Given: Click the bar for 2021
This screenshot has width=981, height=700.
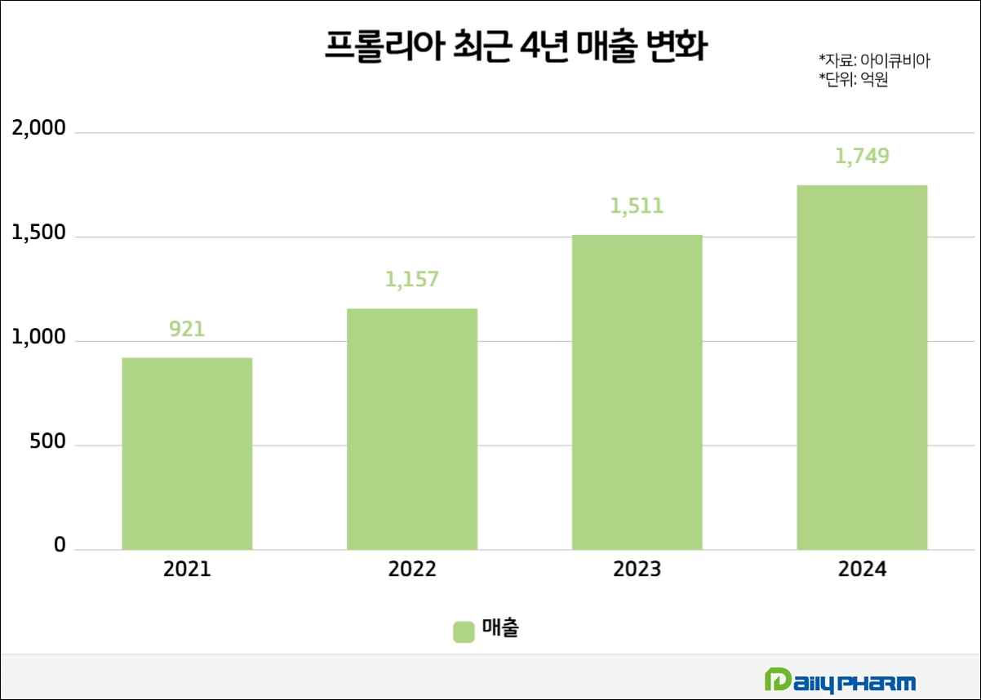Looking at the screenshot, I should click(x=187, y=454).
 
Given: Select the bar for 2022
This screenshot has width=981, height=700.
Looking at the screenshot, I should click(x=412, y=429).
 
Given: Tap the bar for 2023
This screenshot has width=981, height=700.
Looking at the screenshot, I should click(x=637, y=392).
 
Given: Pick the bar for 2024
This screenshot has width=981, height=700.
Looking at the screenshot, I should click(x=862, y=367).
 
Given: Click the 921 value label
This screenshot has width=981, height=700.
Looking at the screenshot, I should click(x=187, y=329).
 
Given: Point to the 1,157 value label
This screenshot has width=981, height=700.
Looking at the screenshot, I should click(x=412, y=279).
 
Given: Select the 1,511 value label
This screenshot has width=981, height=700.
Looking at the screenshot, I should click(x=637, y=206).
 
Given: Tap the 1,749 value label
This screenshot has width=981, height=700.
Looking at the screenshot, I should click(x=862, y=156).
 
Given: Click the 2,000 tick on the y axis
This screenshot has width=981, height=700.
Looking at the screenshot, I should click(x=37, y=128).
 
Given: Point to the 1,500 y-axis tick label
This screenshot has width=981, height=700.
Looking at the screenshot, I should click(x=37, y=233).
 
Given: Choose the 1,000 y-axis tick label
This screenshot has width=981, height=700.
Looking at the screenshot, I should click(x=37, y=338).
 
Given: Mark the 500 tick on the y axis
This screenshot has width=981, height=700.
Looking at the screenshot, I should click(x=48, y=442).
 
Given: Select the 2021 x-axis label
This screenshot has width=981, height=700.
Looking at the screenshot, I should click(x=187, y=569).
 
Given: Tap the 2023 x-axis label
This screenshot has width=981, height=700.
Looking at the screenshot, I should click(x=637, y=569).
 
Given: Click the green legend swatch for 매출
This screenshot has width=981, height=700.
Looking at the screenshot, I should click(x=464, y=631).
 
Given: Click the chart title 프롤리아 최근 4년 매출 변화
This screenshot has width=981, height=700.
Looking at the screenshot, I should click(x=515, y=47).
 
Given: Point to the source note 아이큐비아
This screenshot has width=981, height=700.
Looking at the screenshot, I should click(x=874, y=60).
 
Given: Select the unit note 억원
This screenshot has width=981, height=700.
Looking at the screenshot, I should click(x=853, y=80).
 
